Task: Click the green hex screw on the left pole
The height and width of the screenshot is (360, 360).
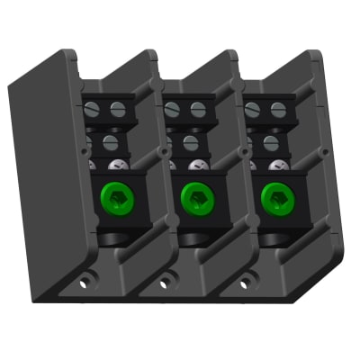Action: tap(114, 195)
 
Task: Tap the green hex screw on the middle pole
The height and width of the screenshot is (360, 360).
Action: tap(194, 195)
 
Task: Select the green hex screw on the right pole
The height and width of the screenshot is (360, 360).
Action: tap(274, 195)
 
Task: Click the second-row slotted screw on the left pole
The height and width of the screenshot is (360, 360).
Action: tap(110, 141)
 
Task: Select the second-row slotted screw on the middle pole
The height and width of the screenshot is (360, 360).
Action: tap(190, 141)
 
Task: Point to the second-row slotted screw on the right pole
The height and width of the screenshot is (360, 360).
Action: tap(269, 141)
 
